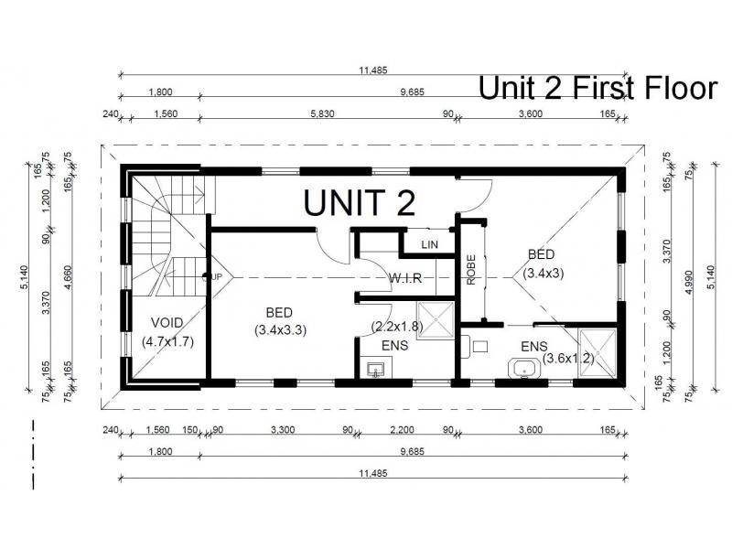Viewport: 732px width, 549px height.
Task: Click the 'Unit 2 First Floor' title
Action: [x=598, y=88]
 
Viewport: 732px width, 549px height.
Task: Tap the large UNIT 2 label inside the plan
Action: [x=360, y=202]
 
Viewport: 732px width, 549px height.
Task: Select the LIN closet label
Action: [x=429, y=244]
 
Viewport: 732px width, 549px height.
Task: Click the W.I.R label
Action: [x=405, y=278]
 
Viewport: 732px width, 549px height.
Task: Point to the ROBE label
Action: [x=471, y=270]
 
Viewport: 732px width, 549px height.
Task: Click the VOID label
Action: [x=167, y=323]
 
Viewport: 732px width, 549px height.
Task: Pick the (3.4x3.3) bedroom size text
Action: [x=280, y=330]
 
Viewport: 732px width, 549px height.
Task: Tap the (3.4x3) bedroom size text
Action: [x=543, y=273]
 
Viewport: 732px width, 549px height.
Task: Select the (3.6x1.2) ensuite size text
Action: [x=568, y=359]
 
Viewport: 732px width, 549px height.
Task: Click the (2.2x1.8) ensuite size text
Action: [x=397, y=327]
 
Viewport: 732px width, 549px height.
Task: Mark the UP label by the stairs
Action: [x=217, y=277]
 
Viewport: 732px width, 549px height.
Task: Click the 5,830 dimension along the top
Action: [x=323, y=113]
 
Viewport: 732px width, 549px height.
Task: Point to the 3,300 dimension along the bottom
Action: [x=283, y=429]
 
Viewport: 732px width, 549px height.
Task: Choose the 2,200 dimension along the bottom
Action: [x=402, y=429]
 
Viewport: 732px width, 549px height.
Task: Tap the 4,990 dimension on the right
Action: [x=689, y=282]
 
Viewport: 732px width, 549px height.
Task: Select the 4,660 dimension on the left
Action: [x=68, y=277]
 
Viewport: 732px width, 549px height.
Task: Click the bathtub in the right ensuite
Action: [x=523, y=369]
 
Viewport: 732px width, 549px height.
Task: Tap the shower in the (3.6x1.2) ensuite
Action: [x=597, y=353]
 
